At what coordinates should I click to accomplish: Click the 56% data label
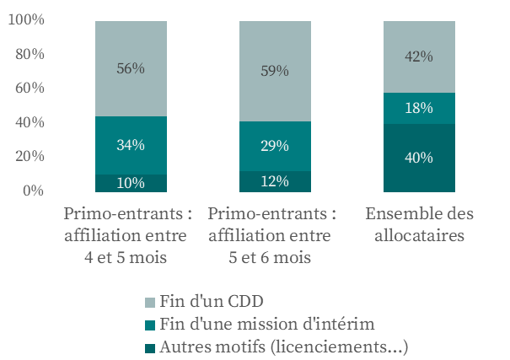(x=131, y=68)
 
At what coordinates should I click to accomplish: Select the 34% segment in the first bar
(x=131, y=145)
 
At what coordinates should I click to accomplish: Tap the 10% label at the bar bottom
(x=131, y=183)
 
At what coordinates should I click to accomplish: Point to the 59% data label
(x=275, y=71)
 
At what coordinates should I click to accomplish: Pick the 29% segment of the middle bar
(x=275, y=146)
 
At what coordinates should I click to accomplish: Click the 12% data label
(x=275, y=181)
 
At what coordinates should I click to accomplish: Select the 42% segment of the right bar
(x=419, y=56)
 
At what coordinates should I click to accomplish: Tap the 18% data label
(x=419, y=108)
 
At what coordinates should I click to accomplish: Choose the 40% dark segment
(x=419, y=158)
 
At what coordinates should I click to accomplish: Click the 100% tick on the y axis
(x=25, y=20)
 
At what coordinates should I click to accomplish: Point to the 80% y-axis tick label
(x=29, y=55)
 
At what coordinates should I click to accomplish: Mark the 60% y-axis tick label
(x=29, y=89)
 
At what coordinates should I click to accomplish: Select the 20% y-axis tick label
(x=29, y=157)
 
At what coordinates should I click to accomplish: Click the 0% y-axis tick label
(x=32, y=191)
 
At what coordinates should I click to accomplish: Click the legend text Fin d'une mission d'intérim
(x=266, y=324)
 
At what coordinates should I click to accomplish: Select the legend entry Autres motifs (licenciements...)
(x=283, y=346)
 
